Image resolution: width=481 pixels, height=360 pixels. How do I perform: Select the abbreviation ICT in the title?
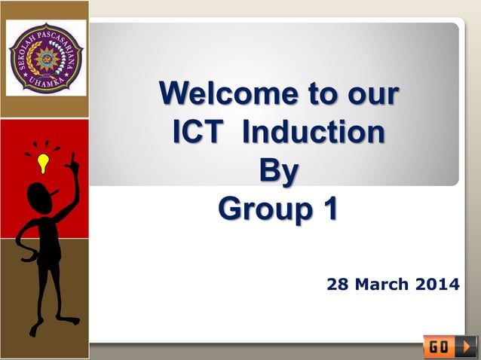point(198,132)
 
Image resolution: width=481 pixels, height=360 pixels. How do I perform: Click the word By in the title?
point(278,170)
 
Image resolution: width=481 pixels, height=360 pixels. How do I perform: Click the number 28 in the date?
point(336,285)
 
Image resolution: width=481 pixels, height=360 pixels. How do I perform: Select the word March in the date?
point(378,285)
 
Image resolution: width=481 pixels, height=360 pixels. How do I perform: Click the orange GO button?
point(450,346)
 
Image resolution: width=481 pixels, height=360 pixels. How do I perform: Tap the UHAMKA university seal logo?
point(44,58)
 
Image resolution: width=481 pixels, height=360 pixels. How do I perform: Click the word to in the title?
point(310,95)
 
